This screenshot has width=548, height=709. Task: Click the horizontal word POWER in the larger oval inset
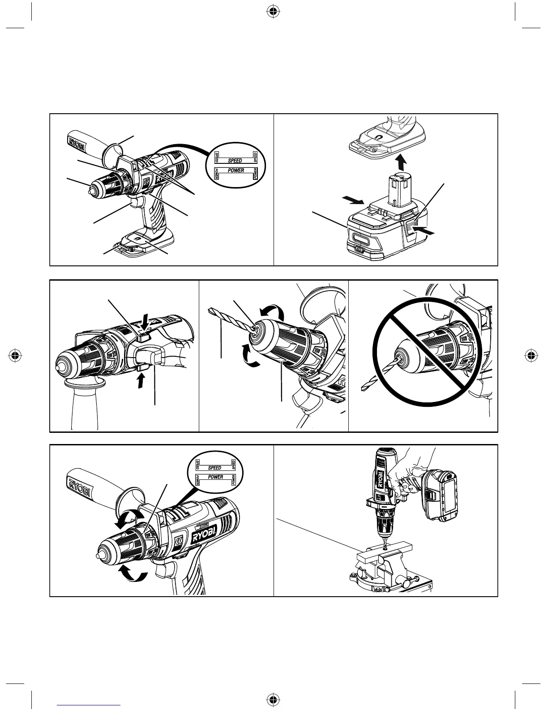[x=235, y=171]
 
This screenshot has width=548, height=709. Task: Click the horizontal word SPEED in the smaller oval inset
[x=215, y=468]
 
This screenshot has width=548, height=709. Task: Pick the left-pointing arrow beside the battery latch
[x=424, y=232]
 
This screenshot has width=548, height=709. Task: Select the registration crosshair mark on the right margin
[x=531, y=356]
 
